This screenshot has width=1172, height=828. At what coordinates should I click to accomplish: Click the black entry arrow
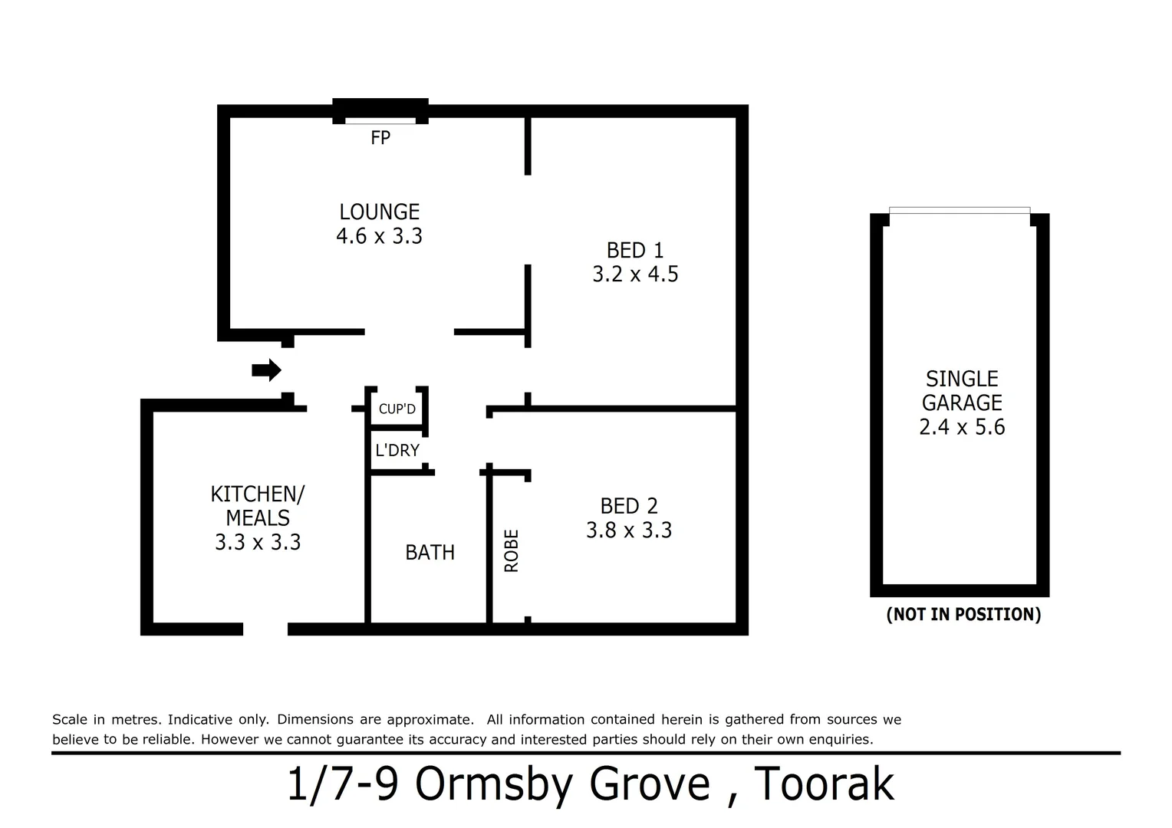point(266,370)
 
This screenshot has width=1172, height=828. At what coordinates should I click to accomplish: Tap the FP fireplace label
point(380,138)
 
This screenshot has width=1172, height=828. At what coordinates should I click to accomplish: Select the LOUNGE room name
point(379,212)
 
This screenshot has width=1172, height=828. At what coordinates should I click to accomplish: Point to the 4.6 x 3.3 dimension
point(379,236)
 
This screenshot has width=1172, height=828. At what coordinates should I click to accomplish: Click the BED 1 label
point(634,250)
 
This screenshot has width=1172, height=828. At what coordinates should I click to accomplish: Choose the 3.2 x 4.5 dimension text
point(634,274)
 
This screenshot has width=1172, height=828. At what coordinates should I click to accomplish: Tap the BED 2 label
point(628,506)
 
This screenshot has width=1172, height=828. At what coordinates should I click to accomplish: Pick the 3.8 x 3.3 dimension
point(628,531)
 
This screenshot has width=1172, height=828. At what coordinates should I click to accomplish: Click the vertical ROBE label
point(512,550)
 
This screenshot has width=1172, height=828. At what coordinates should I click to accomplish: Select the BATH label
point(430,552)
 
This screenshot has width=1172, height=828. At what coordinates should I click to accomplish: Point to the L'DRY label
point(397,450)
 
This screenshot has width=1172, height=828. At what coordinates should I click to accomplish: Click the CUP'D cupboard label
point(397,409)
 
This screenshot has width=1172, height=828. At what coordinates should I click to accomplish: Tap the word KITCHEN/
point(257,494)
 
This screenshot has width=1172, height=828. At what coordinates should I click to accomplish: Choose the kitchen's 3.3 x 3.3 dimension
point(257,543)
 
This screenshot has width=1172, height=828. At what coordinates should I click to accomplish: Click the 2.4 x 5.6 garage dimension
point(961,427)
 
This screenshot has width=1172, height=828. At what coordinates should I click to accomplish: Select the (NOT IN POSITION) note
point(963,614)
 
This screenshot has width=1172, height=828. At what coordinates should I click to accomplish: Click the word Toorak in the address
point(825,784)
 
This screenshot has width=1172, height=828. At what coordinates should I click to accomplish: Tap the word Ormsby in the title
point(495,784)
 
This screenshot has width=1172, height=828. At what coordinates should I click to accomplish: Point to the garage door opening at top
point(959,211)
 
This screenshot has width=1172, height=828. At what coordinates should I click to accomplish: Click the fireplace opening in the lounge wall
point(380,120)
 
